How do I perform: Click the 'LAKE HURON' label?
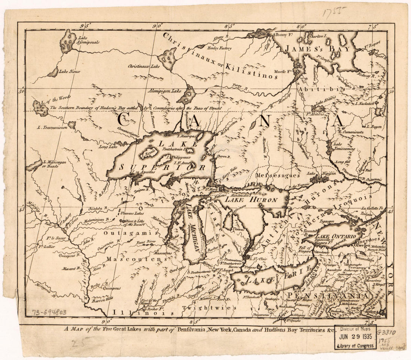point(256,200)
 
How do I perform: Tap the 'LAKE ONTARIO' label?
point(334,237)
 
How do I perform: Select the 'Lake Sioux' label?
point(69,71)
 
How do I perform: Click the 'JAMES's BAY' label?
point(318,49)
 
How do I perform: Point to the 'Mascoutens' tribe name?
point(135,259)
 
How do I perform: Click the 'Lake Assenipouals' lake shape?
point(68,41)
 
